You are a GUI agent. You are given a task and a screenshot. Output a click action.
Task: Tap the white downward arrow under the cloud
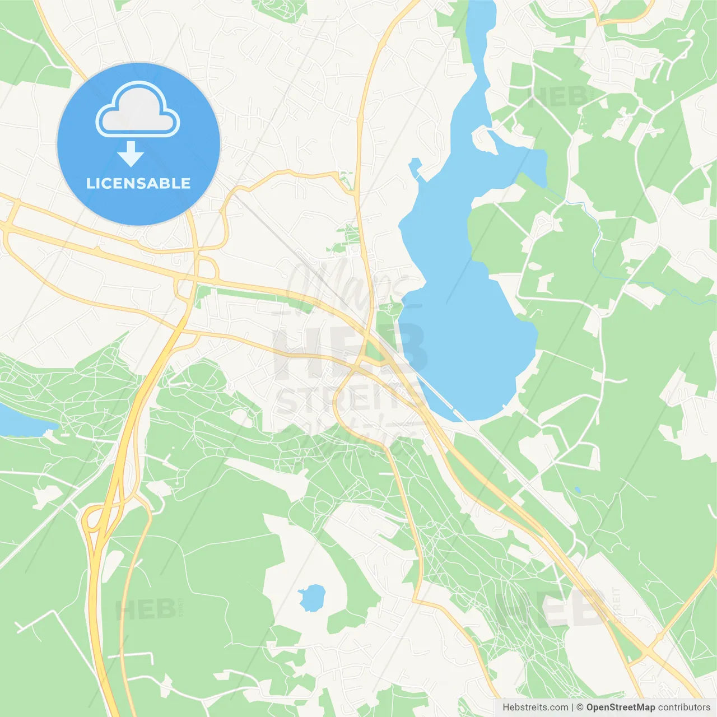[131, 154]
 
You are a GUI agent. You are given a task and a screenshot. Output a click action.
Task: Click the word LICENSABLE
[138, 183]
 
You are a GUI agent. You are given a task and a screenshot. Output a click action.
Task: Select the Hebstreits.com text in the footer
[535, 707]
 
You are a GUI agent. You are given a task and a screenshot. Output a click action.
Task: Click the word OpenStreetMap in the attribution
[621, 707]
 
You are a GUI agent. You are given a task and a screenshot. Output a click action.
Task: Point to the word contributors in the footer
[684, 707]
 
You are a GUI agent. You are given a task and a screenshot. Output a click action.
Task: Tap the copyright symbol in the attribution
[580, 707]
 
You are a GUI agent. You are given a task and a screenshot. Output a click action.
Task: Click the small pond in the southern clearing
[312, 598]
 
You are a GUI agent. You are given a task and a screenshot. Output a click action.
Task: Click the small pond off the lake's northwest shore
[415, 167]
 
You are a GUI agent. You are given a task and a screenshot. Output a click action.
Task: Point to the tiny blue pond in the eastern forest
[578, 490]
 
